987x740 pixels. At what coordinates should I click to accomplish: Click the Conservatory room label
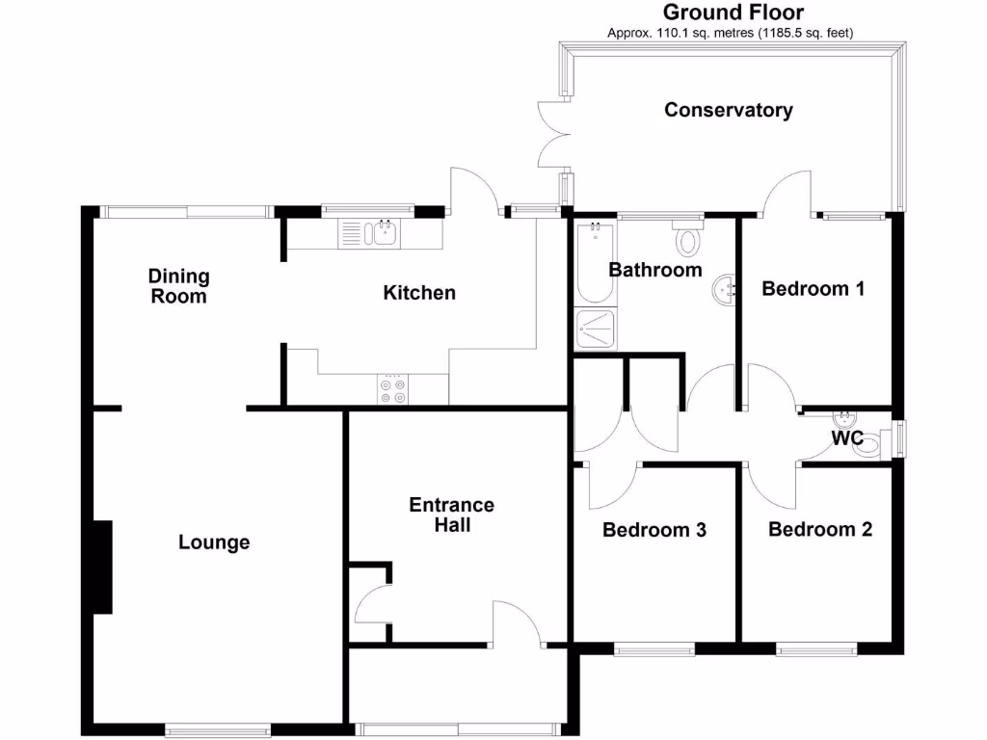(x=728, y=110)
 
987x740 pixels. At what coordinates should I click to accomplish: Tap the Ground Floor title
(x=733, y=13)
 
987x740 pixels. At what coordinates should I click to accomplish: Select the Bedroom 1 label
(x=813, y=288)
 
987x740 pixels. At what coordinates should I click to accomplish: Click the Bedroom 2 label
(x=819, y=529)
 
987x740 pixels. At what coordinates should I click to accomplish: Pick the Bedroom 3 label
(x=654, y=530)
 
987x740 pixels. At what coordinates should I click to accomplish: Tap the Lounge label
(x=214, y=542)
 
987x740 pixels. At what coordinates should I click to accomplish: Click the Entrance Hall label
(x=451, y=515)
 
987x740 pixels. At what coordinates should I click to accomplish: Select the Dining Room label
(x=178, y=286)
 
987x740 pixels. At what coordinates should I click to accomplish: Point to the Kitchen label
(x=419, y=292)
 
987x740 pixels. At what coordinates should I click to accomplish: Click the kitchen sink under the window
(x=369, y=233)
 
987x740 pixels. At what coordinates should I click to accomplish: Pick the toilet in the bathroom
(x=688, y=238)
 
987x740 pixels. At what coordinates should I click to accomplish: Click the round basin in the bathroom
(x=726, y=288)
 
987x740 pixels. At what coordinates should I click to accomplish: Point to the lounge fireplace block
(x=102, y=567)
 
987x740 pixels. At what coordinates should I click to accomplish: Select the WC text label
(x=847, y=438)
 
